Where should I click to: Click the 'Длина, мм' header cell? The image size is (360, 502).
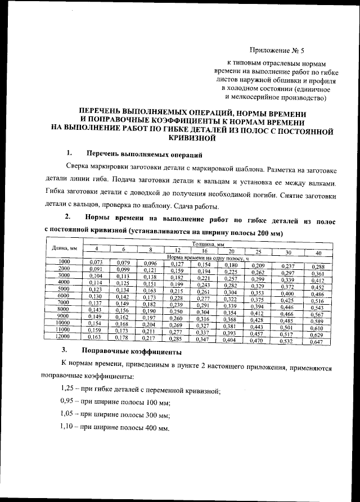pyautogui.click(x=64, y=247)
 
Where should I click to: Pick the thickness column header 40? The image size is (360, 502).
pyautogui.click(x=318, y=253)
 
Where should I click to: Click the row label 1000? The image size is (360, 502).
pyautogui.click(x=64, y=262)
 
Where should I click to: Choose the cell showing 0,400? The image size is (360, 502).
pyautogui.click(x=287, y=293)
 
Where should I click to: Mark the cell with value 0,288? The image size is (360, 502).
pyautogui.click(x=318, y=266)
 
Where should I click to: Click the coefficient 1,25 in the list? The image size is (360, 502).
pyautogui.click(x=68, y=390)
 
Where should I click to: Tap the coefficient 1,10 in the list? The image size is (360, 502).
pyautogui.click(x=68, y=427)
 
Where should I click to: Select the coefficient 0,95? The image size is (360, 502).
pyautogui.click(x=68, y=402)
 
